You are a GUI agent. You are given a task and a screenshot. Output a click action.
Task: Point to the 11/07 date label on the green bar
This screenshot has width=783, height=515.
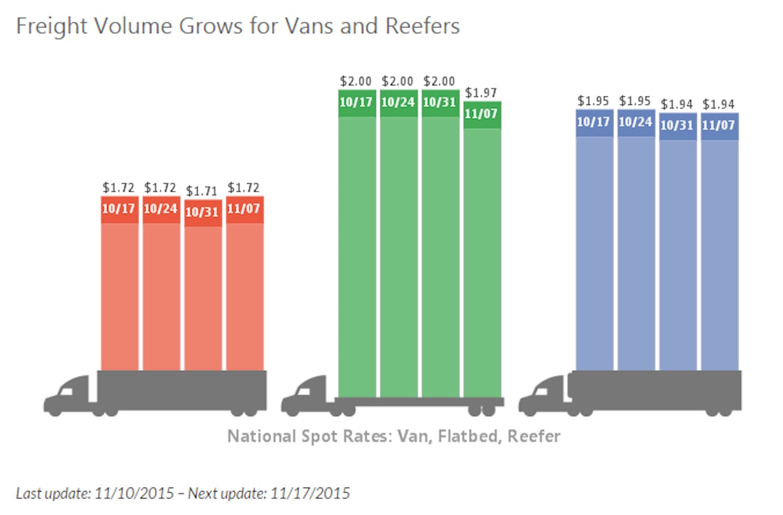pyautogui.click(x=482, y=113)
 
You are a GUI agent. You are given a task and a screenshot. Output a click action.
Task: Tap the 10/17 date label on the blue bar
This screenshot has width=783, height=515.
pyautogui.click(x=594, y=121)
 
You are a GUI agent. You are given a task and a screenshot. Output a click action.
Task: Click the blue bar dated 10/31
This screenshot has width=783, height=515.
pyautogui.click(x=678, y=254)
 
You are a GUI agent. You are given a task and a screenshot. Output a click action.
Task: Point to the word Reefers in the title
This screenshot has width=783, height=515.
pyautogui.click(x=425, y=26)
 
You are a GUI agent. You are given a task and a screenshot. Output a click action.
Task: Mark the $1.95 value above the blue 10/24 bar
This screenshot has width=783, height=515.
pyautogui.click(x=636, y=102)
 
